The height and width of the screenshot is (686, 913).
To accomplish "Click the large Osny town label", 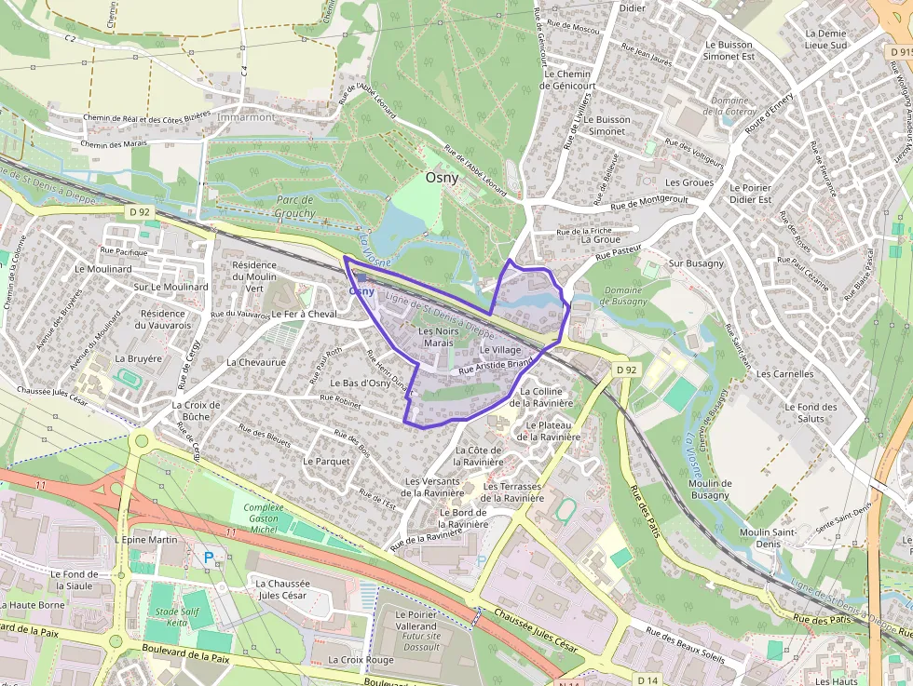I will click(x=442, y=177).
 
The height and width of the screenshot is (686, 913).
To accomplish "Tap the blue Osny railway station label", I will click(x=361, y=291).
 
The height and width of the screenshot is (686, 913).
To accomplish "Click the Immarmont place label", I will click(x=246, y=117).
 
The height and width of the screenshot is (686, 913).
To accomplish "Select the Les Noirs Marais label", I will click(x=439, y=337).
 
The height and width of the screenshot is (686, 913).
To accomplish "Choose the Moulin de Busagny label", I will click(x=710, y=490).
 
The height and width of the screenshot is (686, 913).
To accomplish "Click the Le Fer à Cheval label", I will click(x=304, y=315).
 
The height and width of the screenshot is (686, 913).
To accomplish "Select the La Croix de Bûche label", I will click(x=196, y=410).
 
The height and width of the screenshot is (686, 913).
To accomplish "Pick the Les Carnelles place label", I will click(x=784, y=374).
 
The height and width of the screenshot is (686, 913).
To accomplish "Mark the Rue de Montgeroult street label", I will click(x=649, y=202).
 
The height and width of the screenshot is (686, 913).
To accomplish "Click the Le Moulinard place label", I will click(x=103, y=268).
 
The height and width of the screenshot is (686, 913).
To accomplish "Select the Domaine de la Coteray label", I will click(x=729, y=106).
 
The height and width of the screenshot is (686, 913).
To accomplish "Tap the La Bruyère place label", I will click(x=138, y=358).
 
